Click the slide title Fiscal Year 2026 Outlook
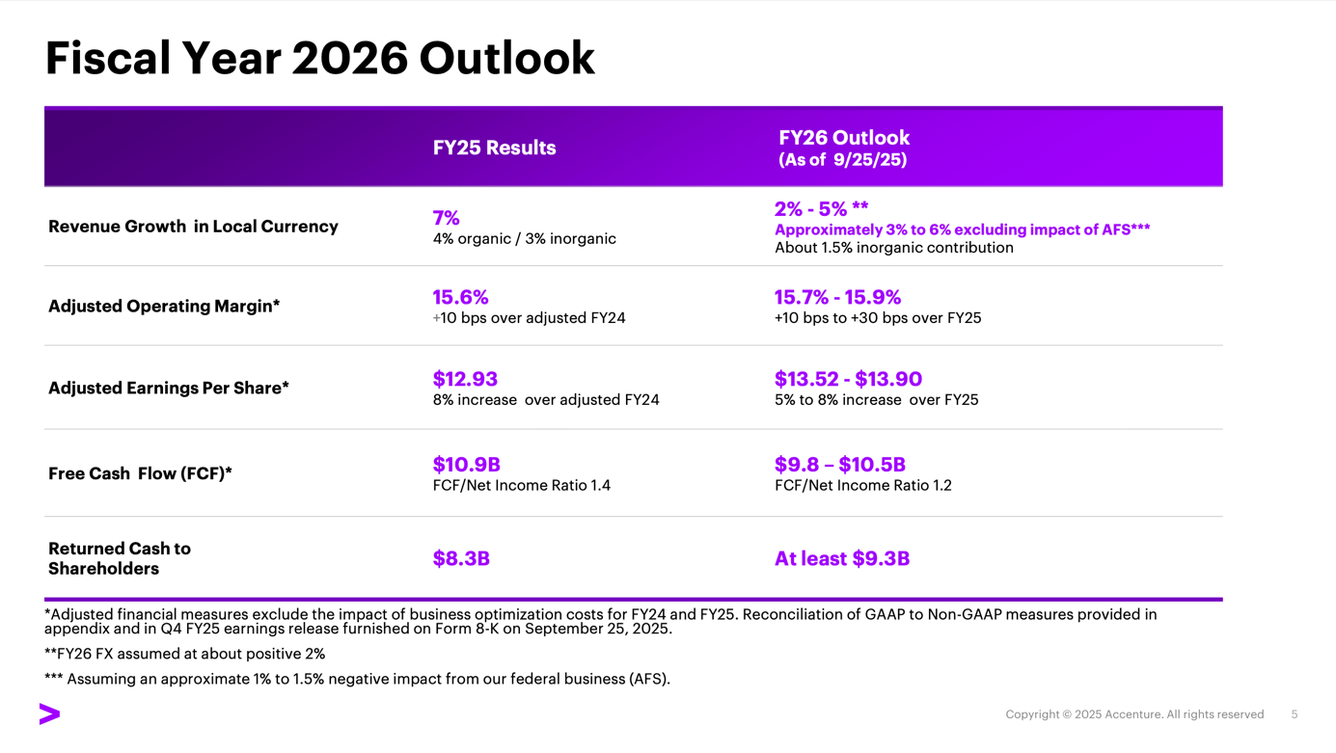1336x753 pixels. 319,58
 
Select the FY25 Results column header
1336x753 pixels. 494,148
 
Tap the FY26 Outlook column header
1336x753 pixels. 844,138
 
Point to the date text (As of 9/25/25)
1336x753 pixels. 842,160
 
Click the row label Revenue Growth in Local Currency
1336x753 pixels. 193,227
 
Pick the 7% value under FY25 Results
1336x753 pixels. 446,218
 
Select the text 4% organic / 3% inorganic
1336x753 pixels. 524,238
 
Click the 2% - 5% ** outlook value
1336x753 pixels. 821,209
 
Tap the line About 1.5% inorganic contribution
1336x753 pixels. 893,248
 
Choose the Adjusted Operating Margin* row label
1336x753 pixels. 164,306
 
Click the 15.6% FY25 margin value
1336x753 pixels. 460,297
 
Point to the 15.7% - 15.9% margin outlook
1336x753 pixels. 837,297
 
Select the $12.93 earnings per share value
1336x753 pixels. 465,379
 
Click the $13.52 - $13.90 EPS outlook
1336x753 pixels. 848,379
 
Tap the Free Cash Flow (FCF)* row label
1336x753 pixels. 140,473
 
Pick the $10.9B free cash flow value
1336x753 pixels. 466,465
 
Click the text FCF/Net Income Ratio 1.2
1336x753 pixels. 862,485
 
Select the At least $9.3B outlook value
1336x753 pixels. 841,558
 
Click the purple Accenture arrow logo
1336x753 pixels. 49,713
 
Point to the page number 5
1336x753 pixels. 1294,714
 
